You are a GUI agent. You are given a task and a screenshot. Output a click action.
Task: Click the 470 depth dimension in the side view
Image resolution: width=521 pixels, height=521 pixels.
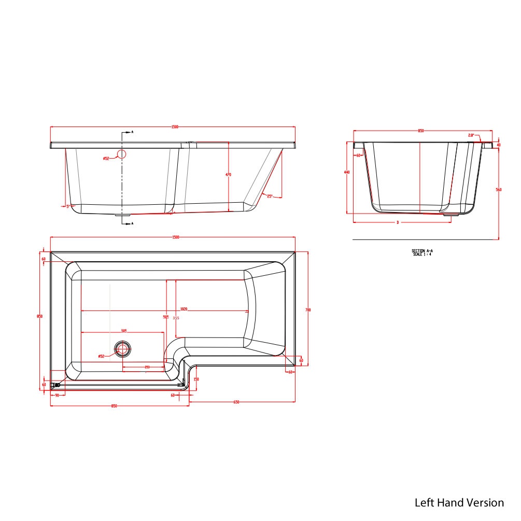click(x=228, y=175)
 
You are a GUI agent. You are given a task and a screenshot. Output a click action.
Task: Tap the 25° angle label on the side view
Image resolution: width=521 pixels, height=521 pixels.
click(x=270, y=196)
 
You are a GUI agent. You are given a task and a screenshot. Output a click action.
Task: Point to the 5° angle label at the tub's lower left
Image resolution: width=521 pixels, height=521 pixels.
click(x=68, y=206)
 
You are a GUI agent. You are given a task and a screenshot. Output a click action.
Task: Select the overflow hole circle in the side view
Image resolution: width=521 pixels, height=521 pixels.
click(x=122, y=154)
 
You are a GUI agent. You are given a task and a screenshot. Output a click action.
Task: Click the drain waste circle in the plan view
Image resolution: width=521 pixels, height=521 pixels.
click(x=123, y=349)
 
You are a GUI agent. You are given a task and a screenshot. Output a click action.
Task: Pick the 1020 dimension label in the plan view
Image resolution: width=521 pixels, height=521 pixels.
click(x=184, y=309)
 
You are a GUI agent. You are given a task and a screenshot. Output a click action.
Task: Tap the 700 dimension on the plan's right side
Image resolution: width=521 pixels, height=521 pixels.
click(x=308, y=310)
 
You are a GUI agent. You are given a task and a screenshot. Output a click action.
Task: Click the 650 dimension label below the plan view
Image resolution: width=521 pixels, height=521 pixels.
click(x=236, y=402)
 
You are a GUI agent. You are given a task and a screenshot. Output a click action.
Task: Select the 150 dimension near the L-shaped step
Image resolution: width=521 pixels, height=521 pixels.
click(x=196, y=379)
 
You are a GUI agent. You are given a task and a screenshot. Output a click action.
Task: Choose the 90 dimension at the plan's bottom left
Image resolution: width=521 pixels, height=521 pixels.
click(x=57, y=396)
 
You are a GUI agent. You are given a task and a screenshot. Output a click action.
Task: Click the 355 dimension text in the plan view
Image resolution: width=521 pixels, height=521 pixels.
click(x=176, y=318)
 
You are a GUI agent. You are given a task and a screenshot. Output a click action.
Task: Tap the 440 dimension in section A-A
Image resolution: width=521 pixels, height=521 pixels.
click(x=346, y=172)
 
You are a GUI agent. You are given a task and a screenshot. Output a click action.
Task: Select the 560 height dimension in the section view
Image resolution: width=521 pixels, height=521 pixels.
click(x=499, y=190)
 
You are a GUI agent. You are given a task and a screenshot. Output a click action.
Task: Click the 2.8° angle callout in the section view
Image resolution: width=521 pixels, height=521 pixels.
click(x=471, y=135)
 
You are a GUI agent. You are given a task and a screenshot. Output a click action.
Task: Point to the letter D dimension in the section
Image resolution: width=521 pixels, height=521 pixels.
click(x=398, y=222)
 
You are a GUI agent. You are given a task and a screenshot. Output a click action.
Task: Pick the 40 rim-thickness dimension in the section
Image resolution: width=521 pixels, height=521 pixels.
click(x=499, y=145)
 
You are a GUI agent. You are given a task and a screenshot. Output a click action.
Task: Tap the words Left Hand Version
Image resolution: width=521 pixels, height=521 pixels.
click(x=459, y=502)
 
